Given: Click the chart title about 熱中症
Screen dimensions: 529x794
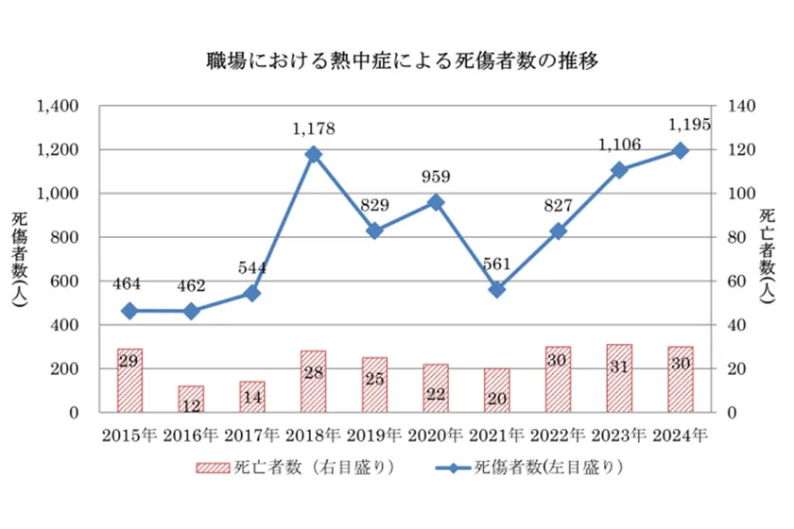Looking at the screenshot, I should pos(396,61).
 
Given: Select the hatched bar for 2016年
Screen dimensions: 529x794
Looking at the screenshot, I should pos(191,399).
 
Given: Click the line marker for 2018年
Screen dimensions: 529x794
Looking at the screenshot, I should pos(313,155).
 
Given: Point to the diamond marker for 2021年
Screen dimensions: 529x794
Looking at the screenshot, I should pos(496,290).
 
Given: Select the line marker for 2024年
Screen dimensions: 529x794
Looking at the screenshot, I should pos(680,151).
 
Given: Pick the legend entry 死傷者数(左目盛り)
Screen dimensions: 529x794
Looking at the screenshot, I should pos(520,467).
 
